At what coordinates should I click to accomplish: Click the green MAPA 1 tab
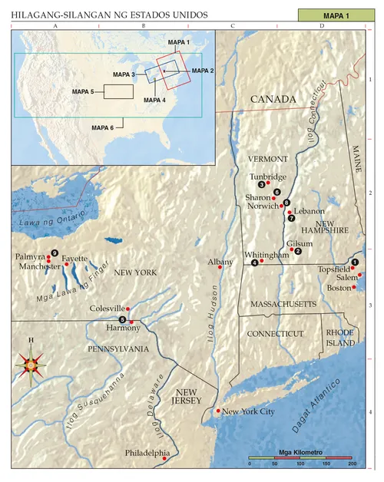click(x=335, y=15)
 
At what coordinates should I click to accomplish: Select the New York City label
click(x=248, y=412)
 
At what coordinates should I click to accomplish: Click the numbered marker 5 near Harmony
click(x=123, y=319)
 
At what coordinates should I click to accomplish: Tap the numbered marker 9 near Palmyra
click(x=55, y=253)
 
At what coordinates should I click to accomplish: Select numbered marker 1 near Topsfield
click(x=355, y=262)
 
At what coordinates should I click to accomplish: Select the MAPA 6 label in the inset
click(x=103, y=127)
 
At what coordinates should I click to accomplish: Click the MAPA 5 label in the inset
click(x=83, y=91)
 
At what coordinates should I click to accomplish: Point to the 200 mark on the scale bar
click(x=352, y=465)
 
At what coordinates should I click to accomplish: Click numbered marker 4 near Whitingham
click(x=254, y=263)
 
